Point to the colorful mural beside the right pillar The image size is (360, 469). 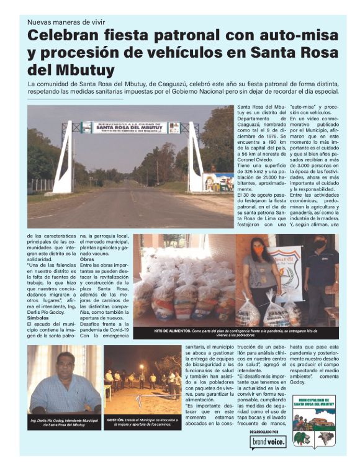point(218,182)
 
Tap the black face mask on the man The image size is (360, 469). point(320,245)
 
